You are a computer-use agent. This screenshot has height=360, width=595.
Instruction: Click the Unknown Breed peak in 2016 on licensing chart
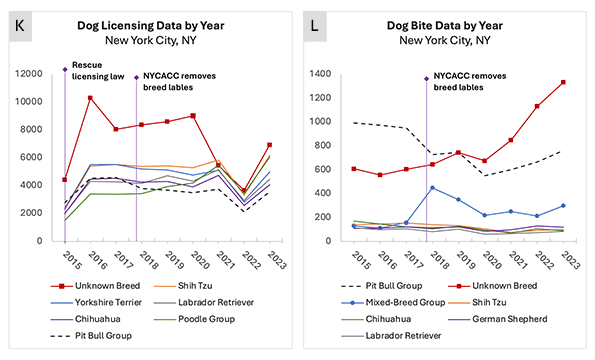pyautogui.click(x=91, y=98)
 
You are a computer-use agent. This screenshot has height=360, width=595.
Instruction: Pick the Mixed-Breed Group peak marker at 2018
pyautogui.click(x=433, y=187)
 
